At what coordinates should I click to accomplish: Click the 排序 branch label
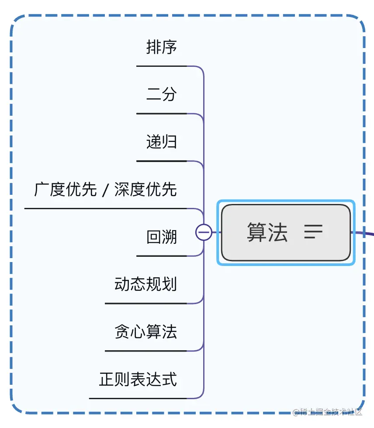(161, 47)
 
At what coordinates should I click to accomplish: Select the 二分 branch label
(161, 94)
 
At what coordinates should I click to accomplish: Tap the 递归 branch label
(161, 142)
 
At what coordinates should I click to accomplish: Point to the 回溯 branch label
(161, 237)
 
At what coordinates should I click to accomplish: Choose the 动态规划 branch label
(145, 284)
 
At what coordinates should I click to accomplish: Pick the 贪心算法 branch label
(145, 332)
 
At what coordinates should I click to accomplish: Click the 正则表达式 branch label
(138, 379)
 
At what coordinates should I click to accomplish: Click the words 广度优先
(65, 190)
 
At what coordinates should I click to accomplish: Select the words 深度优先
(145, 190)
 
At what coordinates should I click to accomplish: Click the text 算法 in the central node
(267, 232)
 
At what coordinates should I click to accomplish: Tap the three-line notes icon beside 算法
(313, 232)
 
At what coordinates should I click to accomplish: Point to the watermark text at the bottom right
(328, 412)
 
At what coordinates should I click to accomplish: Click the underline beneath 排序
(161, 66)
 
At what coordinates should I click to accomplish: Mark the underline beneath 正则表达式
(138, 398)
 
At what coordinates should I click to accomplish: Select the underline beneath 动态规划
(145, 304)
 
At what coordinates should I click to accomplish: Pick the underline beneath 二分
(161, 114)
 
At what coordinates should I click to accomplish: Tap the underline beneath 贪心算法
(145, 351)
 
